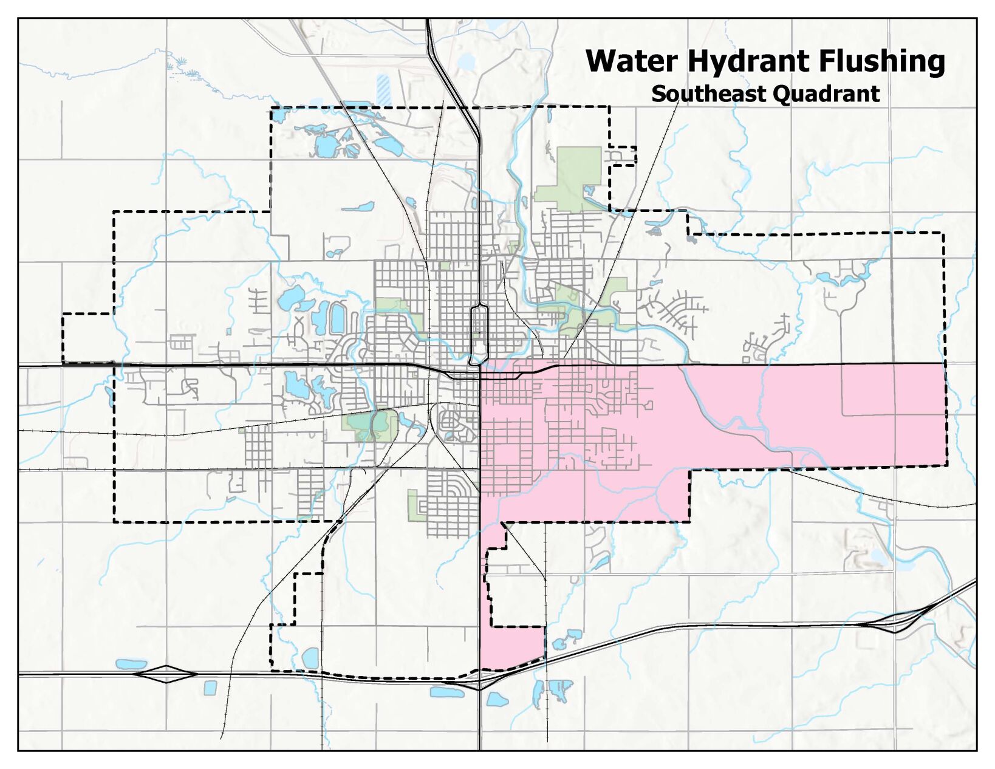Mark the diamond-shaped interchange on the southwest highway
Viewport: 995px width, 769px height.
[166, 674]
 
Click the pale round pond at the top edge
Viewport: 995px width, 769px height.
[467, 61]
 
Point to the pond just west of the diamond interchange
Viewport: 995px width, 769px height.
[131, 664]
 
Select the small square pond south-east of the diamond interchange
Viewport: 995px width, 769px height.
[210, 688]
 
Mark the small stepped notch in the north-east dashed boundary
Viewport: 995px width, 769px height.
[623, 156]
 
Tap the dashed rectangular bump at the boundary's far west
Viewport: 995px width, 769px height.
[87, 338]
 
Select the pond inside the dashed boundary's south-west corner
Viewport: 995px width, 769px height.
[310, 658]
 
